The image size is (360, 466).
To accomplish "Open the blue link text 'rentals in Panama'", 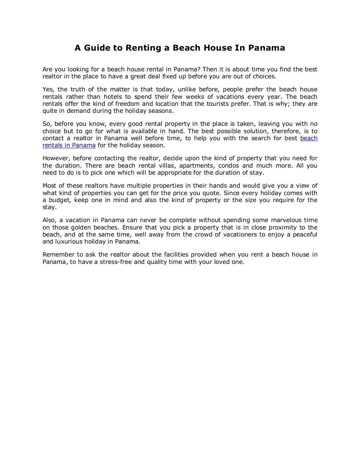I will point(69,145).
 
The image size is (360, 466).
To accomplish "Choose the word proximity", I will point(282,227).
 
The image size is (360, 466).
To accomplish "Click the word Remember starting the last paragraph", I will point(58,255).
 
